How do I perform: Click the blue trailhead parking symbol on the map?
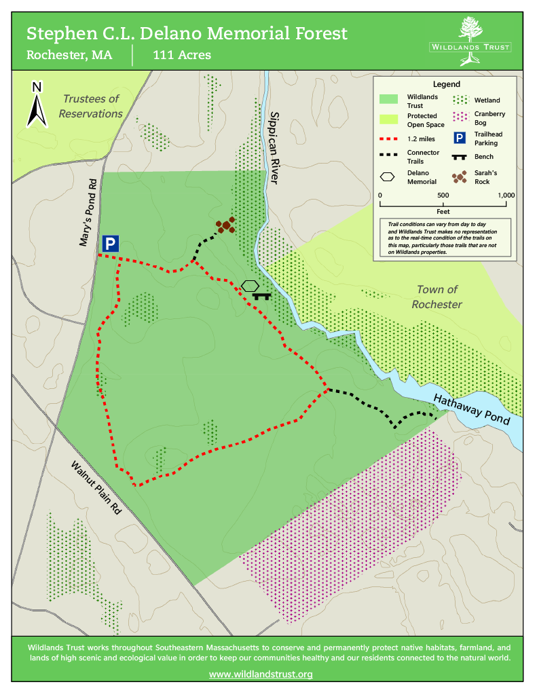coord(111,244)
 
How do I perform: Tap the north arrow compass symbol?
coord(37,105)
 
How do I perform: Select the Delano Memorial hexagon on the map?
coord(250,286)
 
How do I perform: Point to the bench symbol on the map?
coord(261,296)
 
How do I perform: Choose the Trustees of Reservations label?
coord(90,106)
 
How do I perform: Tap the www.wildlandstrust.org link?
coord(261,674)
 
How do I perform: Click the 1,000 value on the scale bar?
coord(506,195)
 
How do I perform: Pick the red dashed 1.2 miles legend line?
coord(388,139)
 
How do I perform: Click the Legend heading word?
coord(446,85)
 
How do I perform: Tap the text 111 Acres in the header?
coord(182,55)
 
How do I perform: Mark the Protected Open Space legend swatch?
coord(388,120)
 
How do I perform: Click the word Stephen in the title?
coord(57,33)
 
